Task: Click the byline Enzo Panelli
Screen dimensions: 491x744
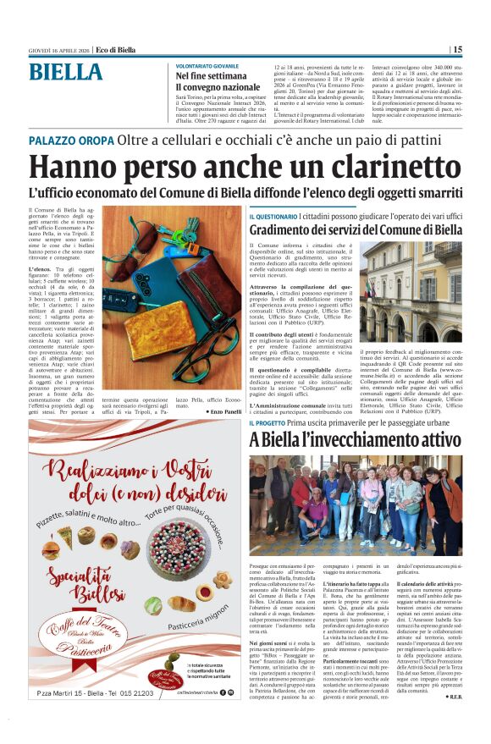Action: pyautogui.click(x=223, y=411)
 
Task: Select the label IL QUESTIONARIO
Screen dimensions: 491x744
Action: pyautogui.click(x=273, y=218)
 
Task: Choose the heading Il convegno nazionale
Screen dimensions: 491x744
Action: pyautogui.click(x=218, y=87)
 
